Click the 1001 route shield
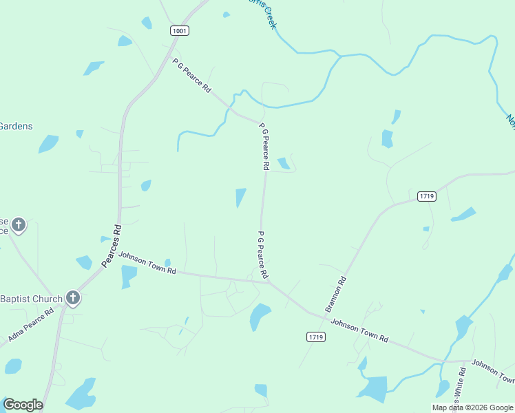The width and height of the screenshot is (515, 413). (180, 31)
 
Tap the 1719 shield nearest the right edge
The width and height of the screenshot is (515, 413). (427, 196)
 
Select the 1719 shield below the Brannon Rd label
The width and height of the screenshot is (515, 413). (316, 337)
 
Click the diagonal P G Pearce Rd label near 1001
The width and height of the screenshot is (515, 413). (192, 76)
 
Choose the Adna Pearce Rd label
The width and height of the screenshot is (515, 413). (31, 326)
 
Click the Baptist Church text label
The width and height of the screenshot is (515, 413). (31, 299)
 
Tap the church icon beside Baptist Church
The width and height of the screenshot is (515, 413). (73, 298)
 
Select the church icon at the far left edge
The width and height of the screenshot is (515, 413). (19, 224)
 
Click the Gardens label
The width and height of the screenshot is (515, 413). (17, 126)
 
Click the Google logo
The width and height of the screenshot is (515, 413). (23, 405)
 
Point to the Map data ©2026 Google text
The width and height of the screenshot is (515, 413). (473, 407)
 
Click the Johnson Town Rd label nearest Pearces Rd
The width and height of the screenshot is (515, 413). (147, 263)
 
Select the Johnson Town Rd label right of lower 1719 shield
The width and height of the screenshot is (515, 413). (360, 330)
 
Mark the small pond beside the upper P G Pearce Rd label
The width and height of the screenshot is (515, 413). (283, 163)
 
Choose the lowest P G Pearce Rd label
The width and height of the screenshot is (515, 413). (262, 255)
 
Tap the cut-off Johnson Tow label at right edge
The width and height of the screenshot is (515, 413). (493, 372)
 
